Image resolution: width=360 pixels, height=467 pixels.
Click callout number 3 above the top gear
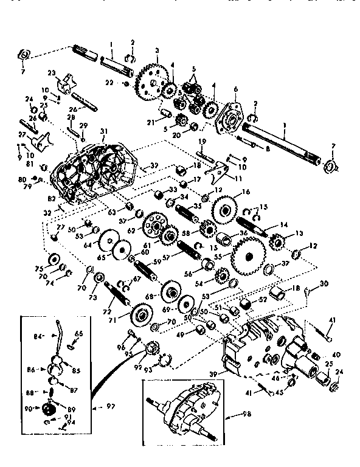(x=157, y=50)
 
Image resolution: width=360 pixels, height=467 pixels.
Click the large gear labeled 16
(x=225, y=210)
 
